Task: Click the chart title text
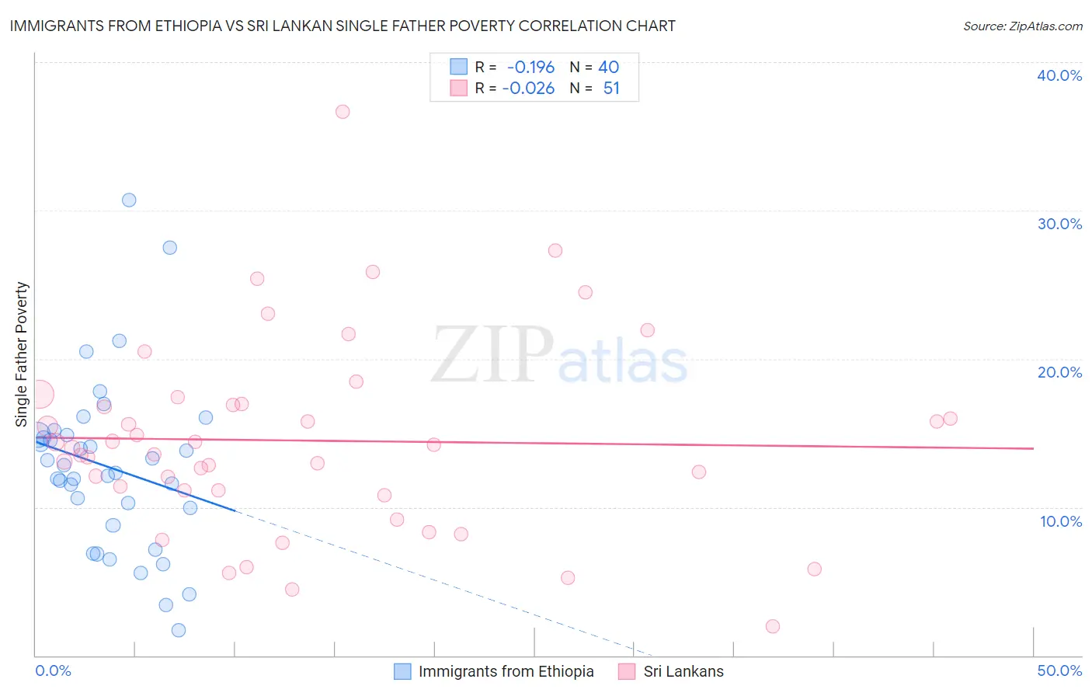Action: click(343, 26)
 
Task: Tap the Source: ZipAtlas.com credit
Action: click(1022, 26)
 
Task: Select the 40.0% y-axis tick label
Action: click(1059, 75)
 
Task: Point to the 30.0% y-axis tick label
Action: click(1059, 224)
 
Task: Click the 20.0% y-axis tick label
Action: click(1059, 372)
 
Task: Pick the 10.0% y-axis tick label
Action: click(1060, 521)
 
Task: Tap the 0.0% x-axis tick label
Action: click(54, 670)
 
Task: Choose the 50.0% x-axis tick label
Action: click(1059, 670)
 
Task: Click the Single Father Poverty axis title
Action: click(22, 354)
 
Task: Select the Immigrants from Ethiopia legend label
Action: click(506, 671)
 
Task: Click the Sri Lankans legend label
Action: click(683, 671)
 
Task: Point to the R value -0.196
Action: click(530, 68)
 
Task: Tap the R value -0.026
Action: click(528, 89)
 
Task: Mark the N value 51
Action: click(611, 89)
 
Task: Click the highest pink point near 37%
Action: click(343, 112)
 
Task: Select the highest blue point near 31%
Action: click(129, 200)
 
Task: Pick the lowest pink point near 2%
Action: click(772, 626)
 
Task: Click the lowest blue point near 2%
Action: click(179, 630)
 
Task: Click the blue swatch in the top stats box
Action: click(459, 67)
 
